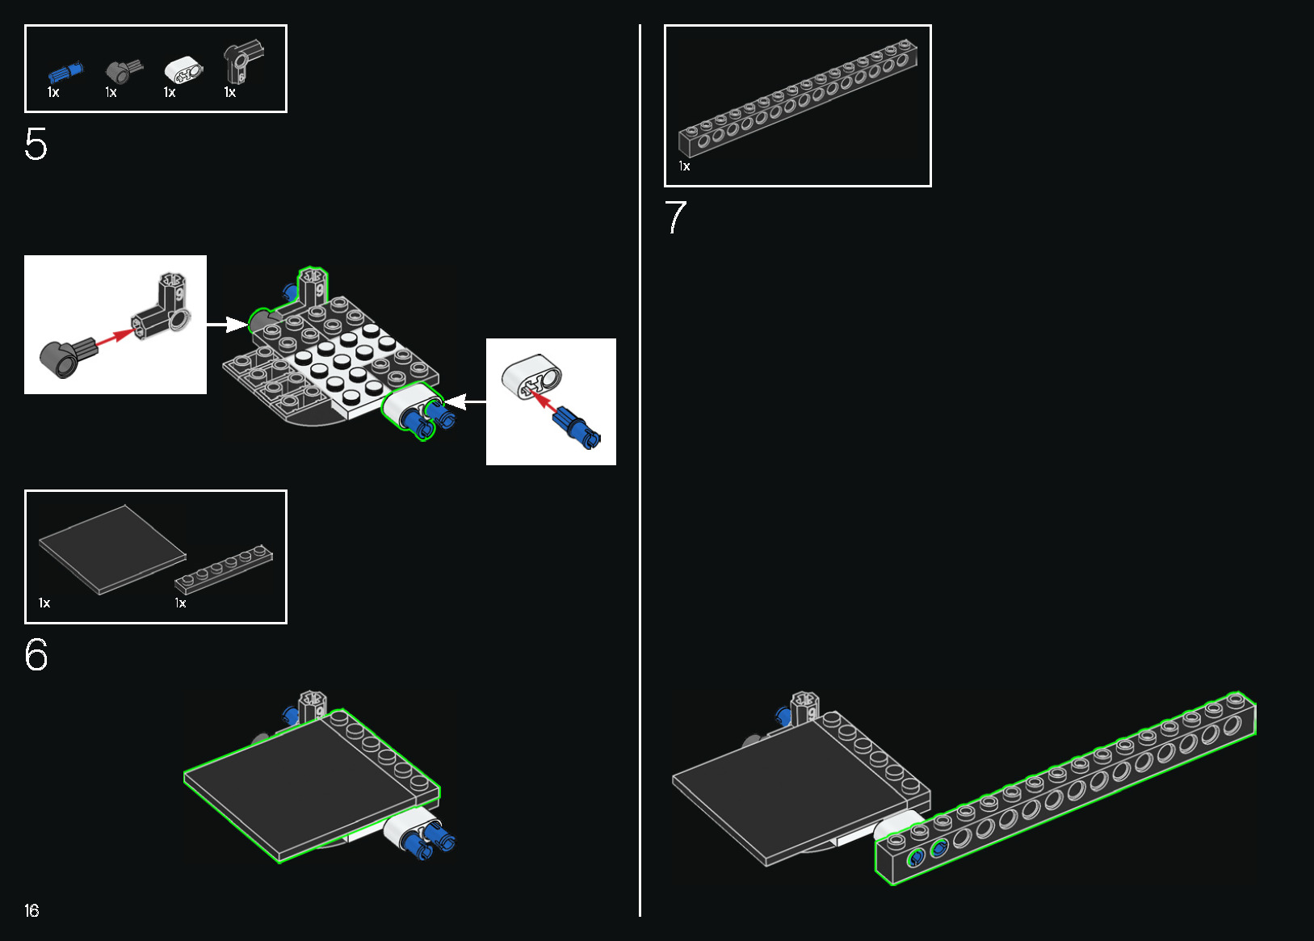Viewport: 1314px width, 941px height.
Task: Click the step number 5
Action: [x=36, y=144]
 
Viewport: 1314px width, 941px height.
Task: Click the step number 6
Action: [x=36, y=654]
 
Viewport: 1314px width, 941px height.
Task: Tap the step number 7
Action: [x=675, y=217]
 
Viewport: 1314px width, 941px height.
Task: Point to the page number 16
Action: [x=31, y=910]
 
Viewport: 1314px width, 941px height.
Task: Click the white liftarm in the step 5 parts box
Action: [x=183, y=71]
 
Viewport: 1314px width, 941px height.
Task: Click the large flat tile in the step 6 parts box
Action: [x=112, y=550]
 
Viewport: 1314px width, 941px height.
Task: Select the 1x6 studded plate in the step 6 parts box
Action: [x=224, y=568]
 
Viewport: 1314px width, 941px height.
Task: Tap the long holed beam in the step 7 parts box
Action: [x=798, y=98]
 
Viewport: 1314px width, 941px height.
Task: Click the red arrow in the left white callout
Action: [x=115, y=338]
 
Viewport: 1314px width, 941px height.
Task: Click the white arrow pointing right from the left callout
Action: [x=227, y=325]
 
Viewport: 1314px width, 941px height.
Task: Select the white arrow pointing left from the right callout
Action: [x=465, y=402]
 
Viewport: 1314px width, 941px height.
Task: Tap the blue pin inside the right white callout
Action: [x=576, y=426]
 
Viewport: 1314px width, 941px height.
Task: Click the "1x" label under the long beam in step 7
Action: [x=684, y=166]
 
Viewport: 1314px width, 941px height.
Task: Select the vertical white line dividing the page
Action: [x=640, y=470]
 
